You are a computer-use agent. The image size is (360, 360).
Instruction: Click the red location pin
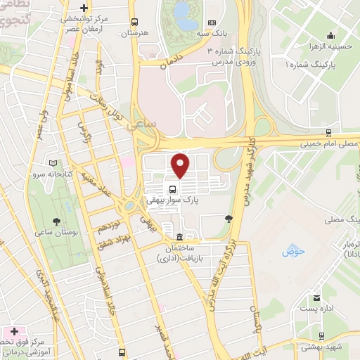pos(181,166)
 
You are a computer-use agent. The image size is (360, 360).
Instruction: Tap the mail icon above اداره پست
pos(317,298)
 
